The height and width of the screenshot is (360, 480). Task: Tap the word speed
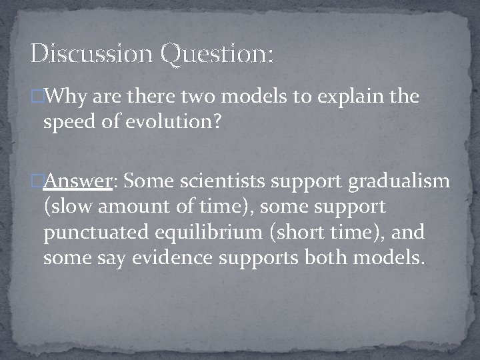coord(68,122)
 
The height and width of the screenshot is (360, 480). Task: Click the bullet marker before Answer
coord(37,182)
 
